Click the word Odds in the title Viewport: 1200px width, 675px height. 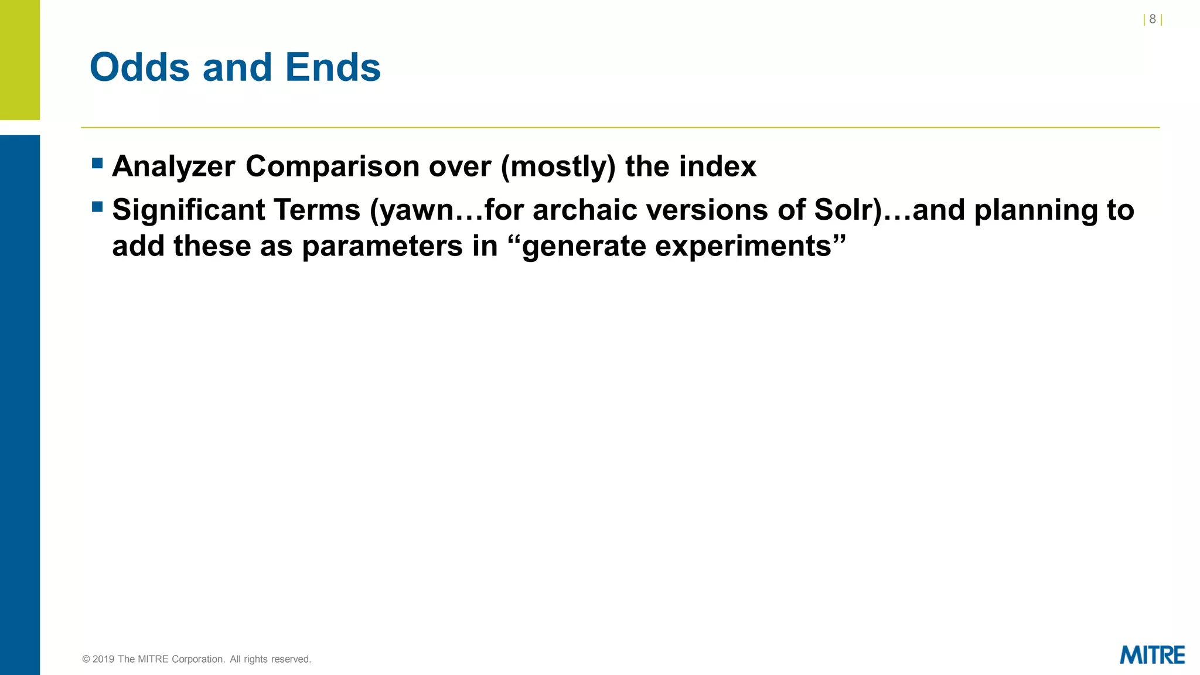point(139,67)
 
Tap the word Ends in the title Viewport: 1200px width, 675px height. point(333,67)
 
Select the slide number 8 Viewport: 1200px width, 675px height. point(1152,19)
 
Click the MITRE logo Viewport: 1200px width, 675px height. point(1151,655)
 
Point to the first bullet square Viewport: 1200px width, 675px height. point(97,163)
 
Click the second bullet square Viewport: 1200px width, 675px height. point(97,207)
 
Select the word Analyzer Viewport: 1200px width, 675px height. point(173,167)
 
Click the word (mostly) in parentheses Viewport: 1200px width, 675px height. point(558,167)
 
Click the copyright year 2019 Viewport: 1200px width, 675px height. point(103,659)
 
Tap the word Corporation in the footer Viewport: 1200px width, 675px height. point(198,659)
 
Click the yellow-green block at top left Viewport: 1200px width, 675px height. point(20,59)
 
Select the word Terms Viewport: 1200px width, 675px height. point(316,210)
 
